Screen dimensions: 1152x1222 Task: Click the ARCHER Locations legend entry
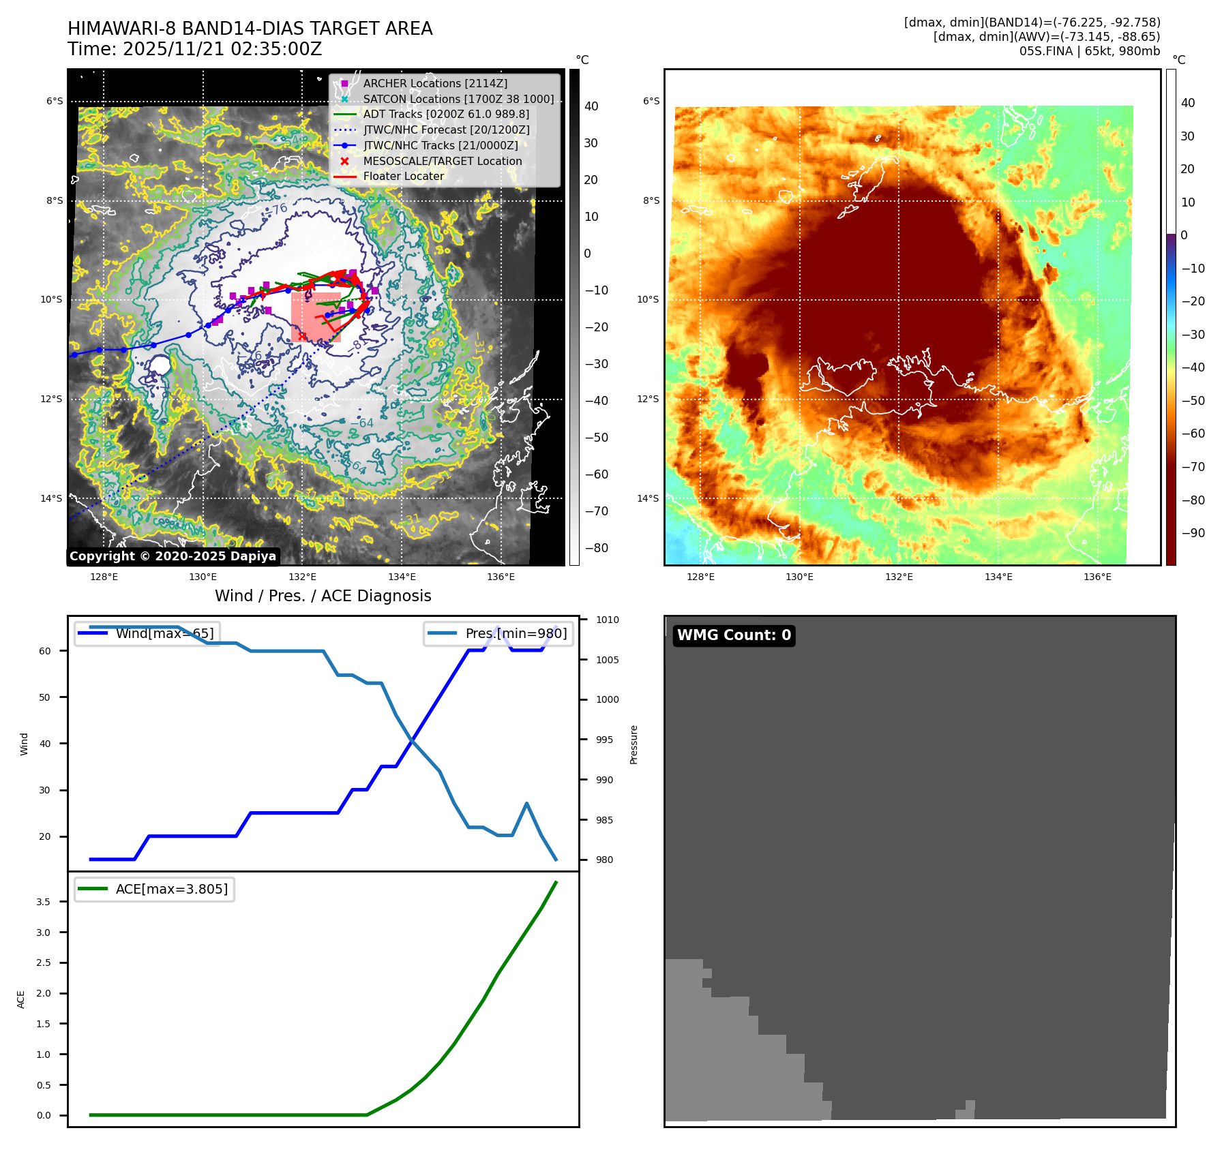[x=435, y=83]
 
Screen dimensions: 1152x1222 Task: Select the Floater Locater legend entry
[x=403, y=177]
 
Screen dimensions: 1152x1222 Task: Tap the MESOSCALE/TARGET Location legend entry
[x=442, y=161]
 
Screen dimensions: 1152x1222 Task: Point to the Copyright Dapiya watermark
[x=173, y=556]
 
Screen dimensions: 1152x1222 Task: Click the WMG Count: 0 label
[x=734, y=635]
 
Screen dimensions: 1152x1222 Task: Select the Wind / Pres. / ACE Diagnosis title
[x=323, y=596]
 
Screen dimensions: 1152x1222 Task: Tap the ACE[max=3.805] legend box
[x=155, y=890]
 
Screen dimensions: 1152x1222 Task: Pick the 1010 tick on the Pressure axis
[x=607, y=620]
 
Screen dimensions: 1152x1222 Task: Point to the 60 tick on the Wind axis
[x=45, y=651]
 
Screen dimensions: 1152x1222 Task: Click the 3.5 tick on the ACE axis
[x=44, y=902]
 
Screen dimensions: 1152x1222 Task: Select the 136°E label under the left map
[x=501, y=577]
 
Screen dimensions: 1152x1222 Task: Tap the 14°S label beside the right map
[x=648, y=498]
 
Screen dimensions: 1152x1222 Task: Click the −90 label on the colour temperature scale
[x=1193, y=533]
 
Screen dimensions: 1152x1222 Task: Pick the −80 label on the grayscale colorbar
[x=596, y=548]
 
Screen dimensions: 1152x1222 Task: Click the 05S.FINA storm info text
[x=1089, y=51]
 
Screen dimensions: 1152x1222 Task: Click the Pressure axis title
[x=634, y=744]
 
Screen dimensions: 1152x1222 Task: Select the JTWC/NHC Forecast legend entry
[x=446, y=130]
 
